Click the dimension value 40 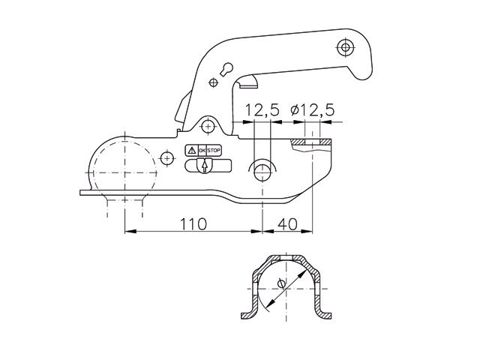(287, 224)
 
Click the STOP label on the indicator (214, 151)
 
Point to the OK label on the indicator (201, 151)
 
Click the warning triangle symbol (190, 151)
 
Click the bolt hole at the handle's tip (345, 48)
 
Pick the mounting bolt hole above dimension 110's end (262, 170)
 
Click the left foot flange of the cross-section (247, 314)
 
